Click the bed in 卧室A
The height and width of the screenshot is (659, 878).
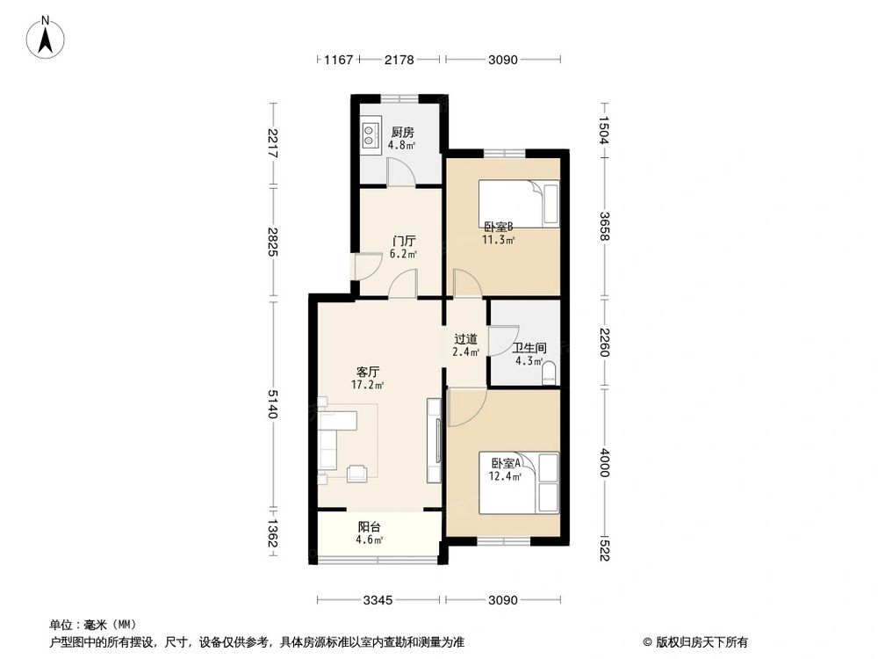point(519,482)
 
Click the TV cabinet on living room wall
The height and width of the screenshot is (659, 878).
point(434,439)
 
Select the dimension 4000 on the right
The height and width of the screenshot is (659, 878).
point(604,462)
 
